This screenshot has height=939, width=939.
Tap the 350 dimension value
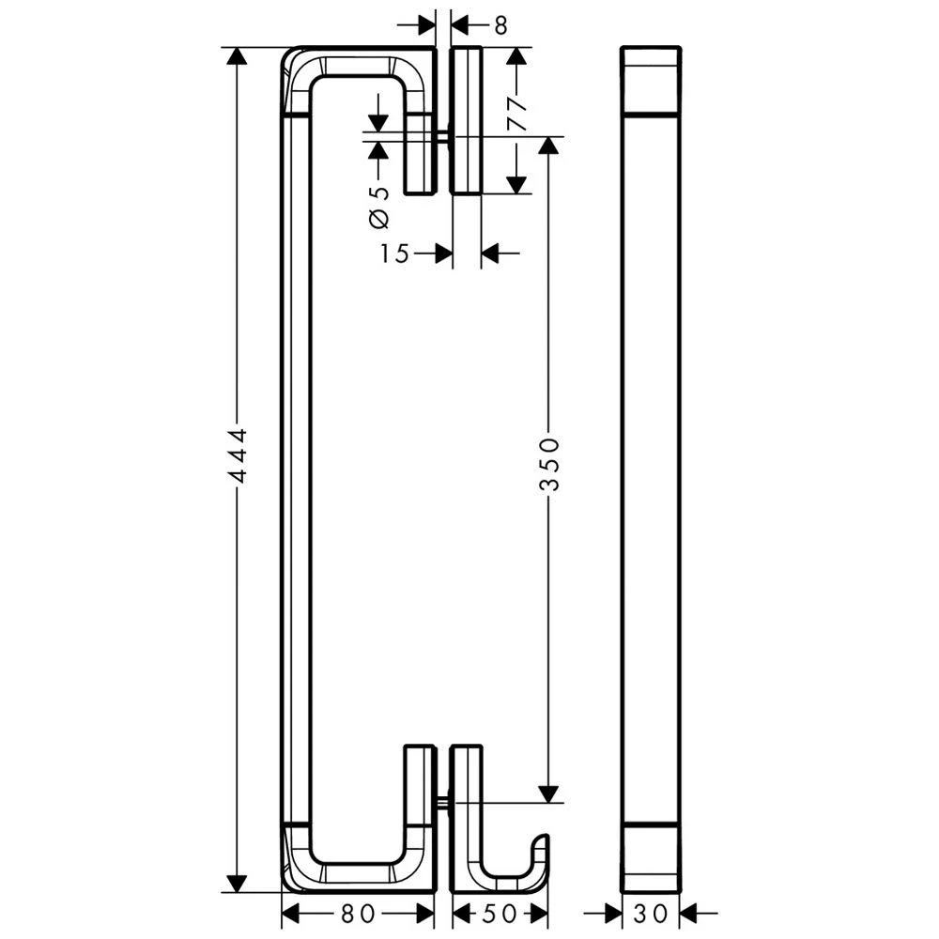549,464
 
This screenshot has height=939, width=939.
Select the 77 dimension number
516,114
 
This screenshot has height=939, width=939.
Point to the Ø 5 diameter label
379,207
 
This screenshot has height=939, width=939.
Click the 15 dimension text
394,254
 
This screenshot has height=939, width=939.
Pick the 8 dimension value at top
500,25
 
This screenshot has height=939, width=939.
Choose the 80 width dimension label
358,914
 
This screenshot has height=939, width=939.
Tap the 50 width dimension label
500,914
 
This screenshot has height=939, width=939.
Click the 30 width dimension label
651,914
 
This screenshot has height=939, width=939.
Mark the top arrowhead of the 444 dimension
238,55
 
